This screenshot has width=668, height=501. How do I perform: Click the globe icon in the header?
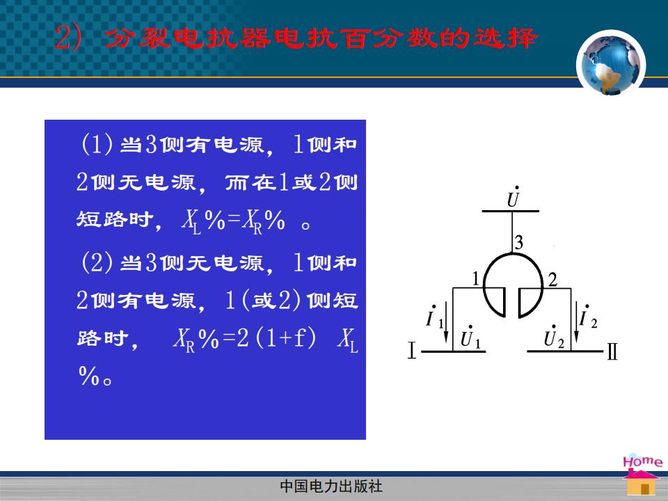[x=611, y=64]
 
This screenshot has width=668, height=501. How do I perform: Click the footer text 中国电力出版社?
[x=331, y=486]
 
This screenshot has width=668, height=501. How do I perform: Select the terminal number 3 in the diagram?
[x=518, y=242]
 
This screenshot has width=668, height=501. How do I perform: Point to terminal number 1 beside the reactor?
[x=476, y=279]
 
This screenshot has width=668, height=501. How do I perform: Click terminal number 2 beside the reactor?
[x=552, y=280]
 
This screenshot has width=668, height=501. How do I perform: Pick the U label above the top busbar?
[x=514, y=196]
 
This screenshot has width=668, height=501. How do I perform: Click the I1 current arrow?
[x=446, y=321]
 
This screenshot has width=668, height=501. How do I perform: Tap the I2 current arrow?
[x=576, y=321]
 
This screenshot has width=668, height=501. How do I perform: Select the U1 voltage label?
[x=470, y=337]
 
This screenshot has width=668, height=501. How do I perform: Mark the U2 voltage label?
[x=554, y=337]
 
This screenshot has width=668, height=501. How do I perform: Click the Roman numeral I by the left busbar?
[x=411, y=350]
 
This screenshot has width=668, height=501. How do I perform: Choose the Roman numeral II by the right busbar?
[x=612, y=351]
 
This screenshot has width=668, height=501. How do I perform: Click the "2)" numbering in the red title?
[x=68, y=38]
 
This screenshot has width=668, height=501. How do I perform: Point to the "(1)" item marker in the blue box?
[x=97, y=144]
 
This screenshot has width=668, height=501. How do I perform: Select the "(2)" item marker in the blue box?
[x=97, y=262]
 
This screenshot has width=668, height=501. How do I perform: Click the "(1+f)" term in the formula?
[x=286, y=338]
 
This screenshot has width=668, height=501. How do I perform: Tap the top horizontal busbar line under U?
[x=510, y=211]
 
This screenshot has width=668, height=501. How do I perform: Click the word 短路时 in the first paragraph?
[x=114, y=220]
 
